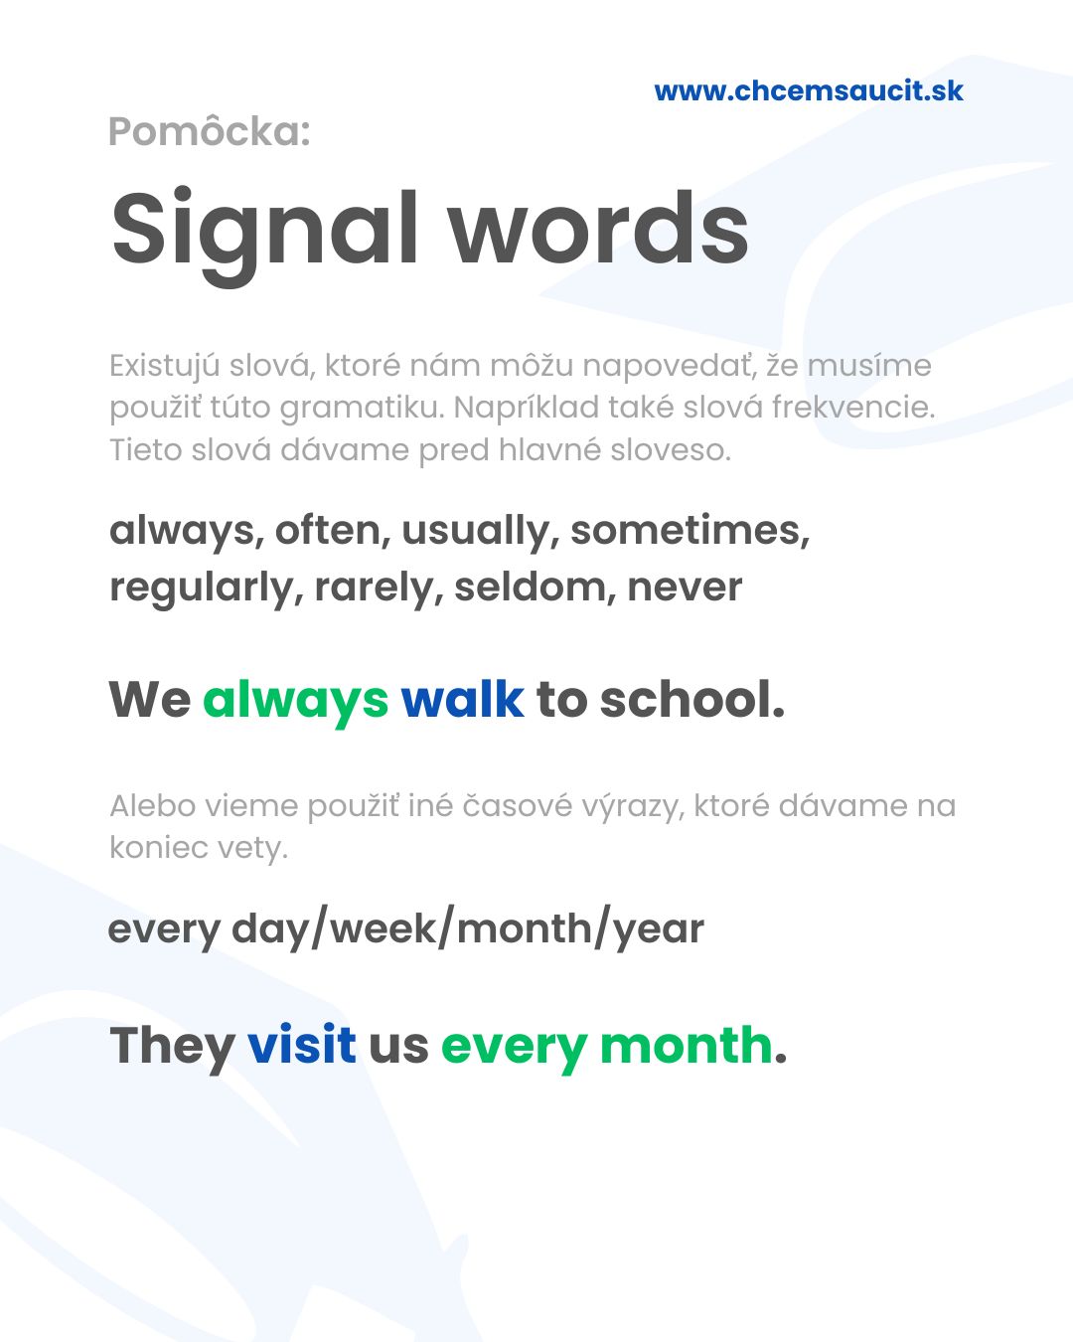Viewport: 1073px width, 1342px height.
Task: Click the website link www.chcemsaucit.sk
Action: (809, 91)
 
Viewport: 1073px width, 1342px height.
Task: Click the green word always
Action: (295, 701)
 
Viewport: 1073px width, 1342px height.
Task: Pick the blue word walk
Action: (463, 699)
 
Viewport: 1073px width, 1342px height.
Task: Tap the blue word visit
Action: (302, 1044)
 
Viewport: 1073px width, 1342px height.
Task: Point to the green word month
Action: (686, 1045)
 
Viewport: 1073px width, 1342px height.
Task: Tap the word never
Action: (685, 589)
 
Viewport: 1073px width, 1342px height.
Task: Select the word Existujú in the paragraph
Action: (165, 366)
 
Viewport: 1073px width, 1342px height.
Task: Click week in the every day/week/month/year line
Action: (383, 928)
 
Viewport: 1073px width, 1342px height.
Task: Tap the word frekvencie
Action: (853, 408)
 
